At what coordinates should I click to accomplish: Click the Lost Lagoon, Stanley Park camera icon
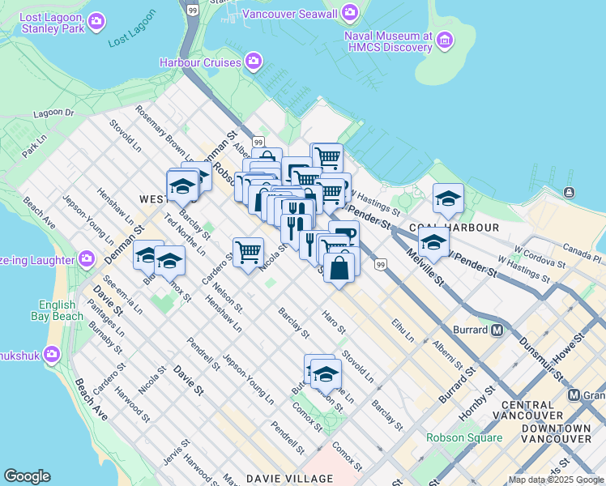[96, 20]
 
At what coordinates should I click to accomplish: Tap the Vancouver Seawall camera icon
[350, 12]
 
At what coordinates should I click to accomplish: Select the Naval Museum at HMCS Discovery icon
[444, 40]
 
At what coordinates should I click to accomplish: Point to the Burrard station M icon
[497, 330]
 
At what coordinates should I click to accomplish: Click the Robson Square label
[464, 437]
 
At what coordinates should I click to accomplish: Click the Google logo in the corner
[27, 476]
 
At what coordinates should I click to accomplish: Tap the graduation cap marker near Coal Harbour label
[448, 199]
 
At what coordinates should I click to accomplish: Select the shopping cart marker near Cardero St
[247, 251]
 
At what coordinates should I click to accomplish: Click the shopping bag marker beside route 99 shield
[339, 266]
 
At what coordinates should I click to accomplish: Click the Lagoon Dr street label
[54, 114]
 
